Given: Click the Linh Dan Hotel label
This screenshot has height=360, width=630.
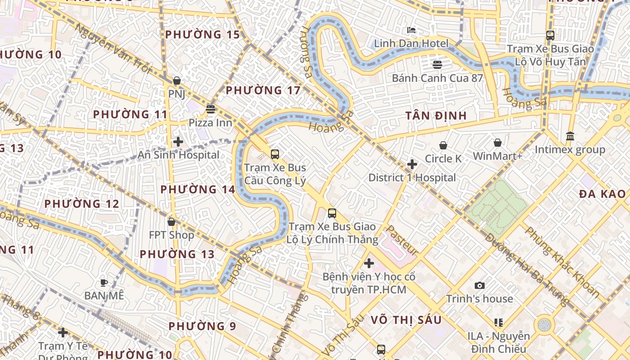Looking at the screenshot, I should (x=411, y=44).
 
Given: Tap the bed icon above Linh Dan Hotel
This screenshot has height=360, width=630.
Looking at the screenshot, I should (x=411, y=31).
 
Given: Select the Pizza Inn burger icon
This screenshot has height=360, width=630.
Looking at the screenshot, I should (x=210, y=109).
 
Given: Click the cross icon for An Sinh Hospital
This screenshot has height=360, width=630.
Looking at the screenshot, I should (x=178, y=142).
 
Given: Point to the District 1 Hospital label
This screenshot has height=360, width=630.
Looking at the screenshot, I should (x=412, y=178).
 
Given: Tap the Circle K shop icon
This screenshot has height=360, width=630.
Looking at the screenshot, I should (x=443, y=145).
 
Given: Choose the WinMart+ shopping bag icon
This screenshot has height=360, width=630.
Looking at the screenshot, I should (x=498, y=143).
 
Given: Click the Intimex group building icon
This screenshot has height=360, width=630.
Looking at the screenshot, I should (x=570, y=136).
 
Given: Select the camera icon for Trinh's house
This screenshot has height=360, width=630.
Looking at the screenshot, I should (x=480, y=285).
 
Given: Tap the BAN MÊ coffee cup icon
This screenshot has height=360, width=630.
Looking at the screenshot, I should (x=104, y=283).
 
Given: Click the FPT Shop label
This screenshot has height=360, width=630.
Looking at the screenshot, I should (x=171, y=235).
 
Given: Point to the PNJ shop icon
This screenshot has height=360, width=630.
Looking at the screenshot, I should (x=177, y=81).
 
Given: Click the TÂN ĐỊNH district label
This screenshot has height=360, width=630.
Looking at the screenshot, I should (x=436, y=116).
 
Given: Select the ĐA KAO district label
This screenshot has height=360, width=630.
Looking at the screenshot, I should (x=602, y=194).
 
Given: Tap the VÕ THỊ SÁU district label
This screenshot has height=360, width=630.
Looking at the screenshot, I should (x=406, y=320).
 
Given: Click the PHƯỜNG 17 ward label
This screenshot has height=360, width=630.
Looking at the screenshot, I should (x=263, y=90).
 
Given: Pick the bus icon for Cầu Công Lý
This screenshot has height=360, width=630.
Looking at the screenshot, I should (x=275, y=154).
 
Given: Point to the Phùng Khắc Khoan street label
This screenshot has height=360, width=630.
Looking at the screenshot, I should (x=562, y=262).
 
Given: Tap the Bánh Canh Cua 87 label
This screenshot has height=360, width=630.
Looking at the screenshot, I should (x=437, y=78).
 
